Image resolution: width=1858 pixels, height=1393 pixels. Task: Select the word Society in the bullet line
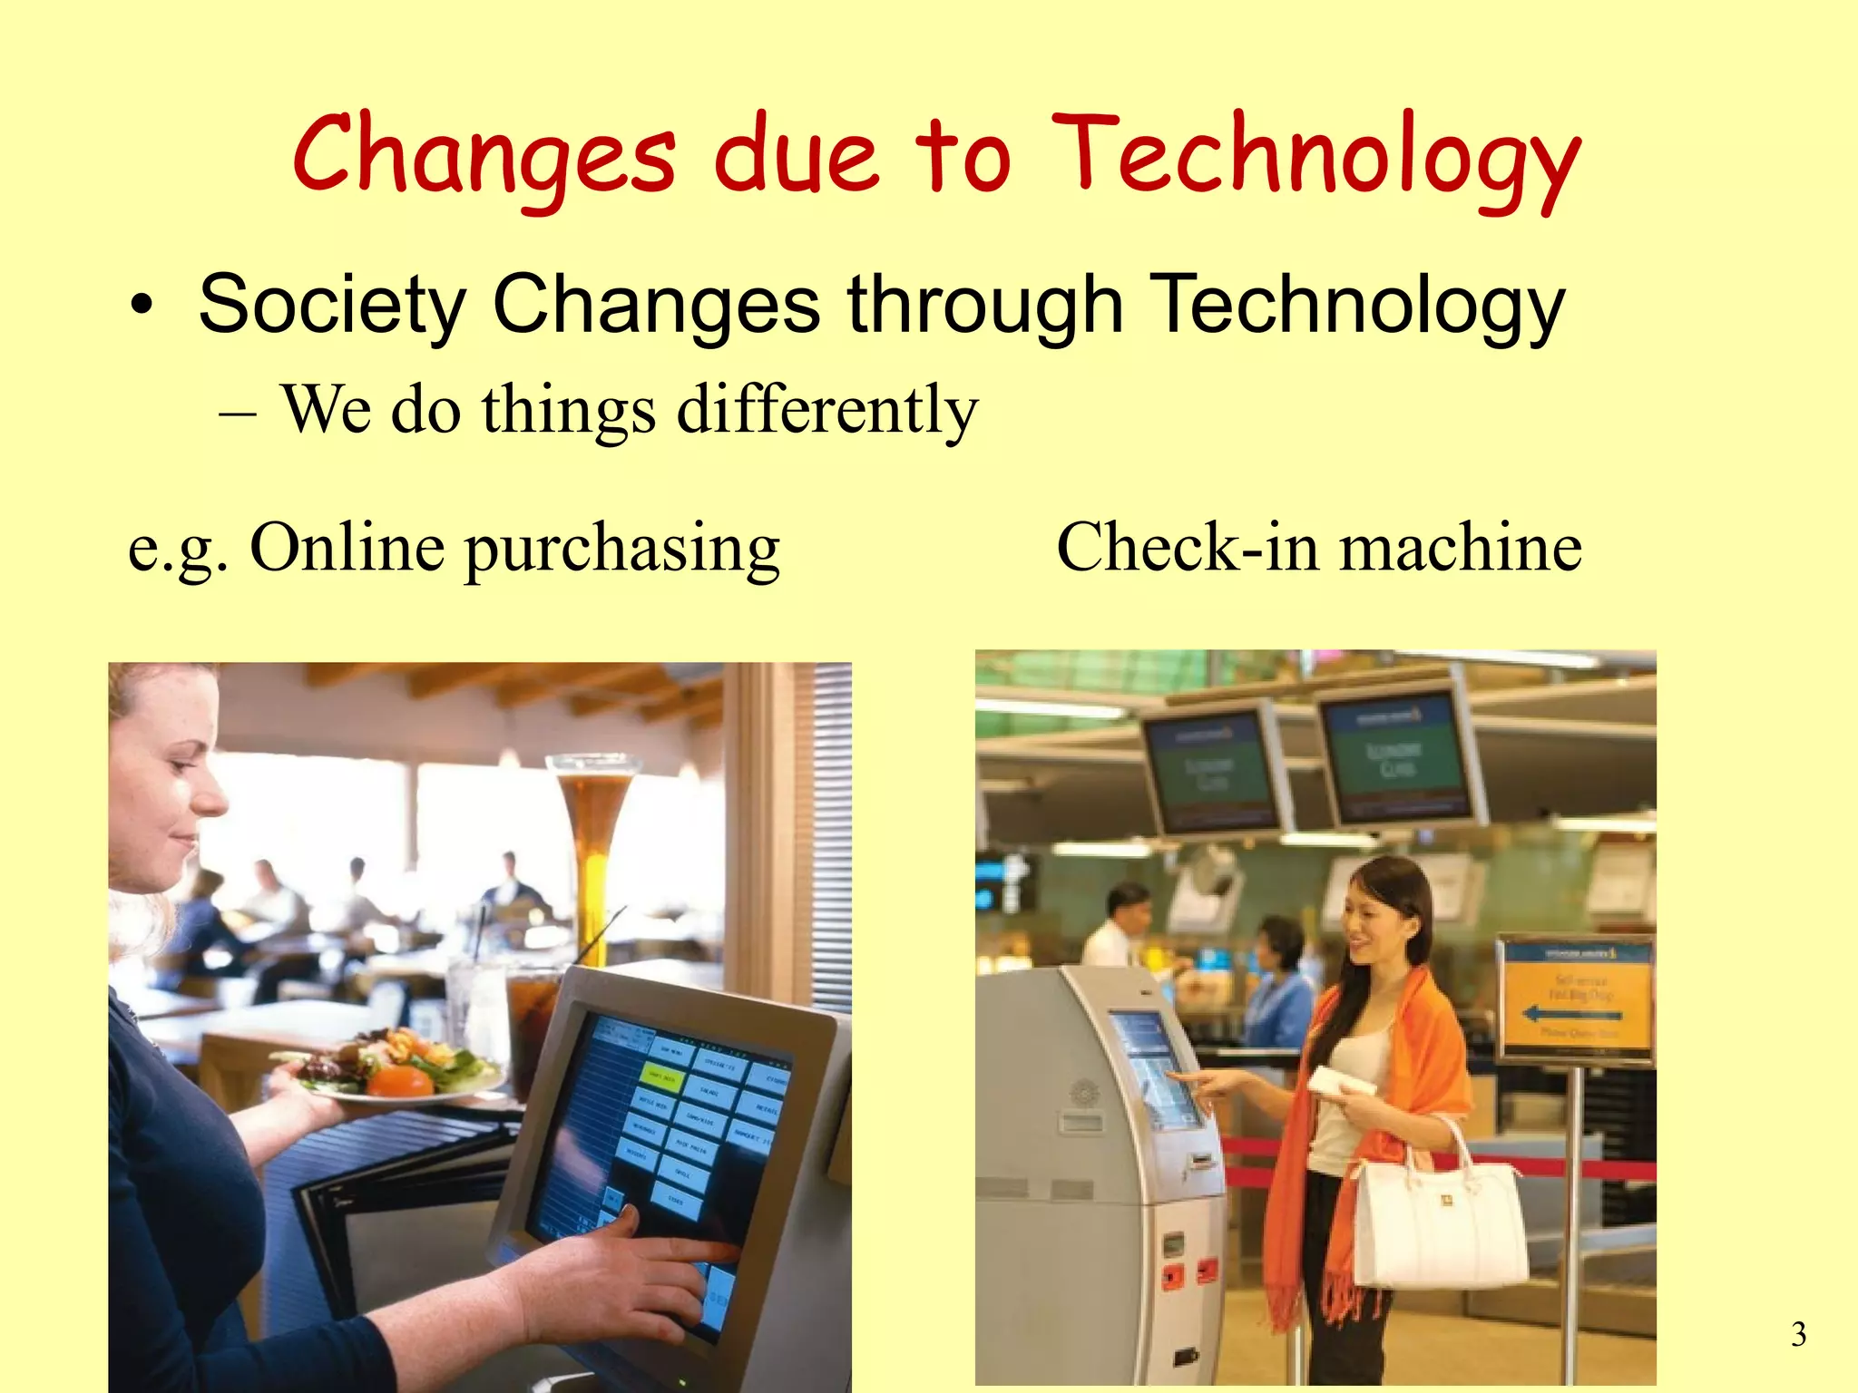click(332, 305)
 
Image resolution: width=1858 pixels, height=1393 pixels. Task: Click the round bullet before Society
click(141, 308)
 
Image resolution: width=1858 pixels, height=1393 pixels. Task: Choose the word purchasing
click(622, 551)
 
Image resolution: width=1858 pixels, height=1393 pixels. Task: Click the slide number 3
click(1798, 1334)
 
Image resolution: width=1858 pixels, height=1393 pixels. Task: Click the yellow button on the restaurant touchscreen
click(660, 1077)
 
